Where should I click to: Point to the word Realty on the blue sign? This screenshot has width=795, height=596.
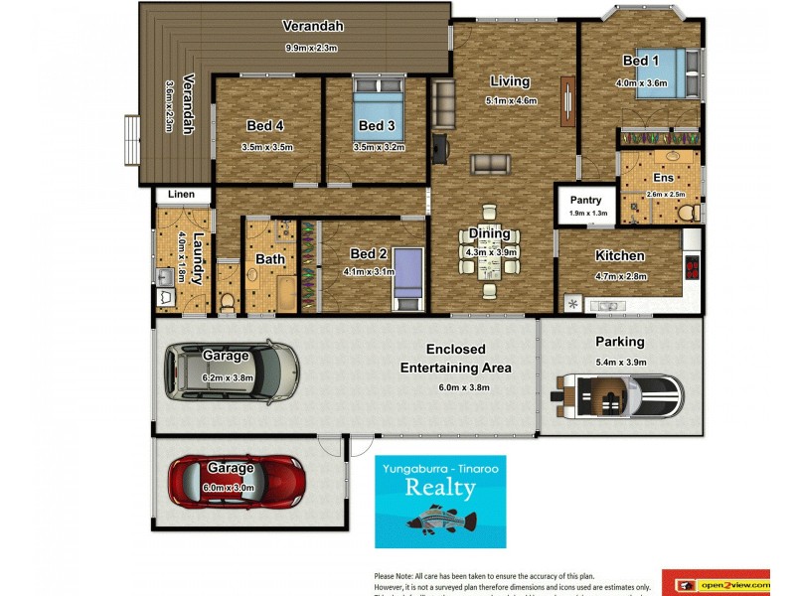pyautogui.click(x=439, y=487)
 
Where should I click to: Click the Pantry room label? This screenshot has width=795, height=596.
pyautogui.click(x=586, y=200)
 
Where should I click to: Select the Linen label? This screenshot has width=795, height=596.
pyautogui.click(x=181, y=195)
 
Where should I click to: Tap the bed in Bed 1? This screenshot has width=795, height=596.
pyautogui.click(x=657, y=73)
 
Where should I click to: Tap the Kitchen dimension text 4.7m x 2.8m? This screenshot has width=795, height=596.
pyautogui.click(x=620, y=276)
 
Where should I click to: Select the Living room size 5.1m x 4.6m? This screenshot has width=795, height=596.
pyautogui.click(x=511, y=100)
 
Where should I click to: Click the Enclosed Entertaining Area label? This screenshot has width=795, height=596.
pyautogui.click(x=455, y=359)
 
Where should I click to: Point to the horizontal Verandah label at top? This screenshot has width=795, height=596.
pyautogui.click(x=312, y=26)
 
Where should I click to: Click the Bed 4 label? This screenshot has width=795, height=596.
pyautogui.click(x=265, y=125)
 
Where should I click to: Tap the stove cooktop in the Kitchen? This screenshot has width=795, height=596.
pyautogui.click(x=693, y=266)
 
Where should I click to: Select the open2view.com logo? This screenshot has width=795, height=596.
pyautogui.click(x=715, y=584)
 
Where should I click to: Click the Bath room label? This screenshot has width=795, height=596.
pyautogui.click(x=269, y=259)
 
